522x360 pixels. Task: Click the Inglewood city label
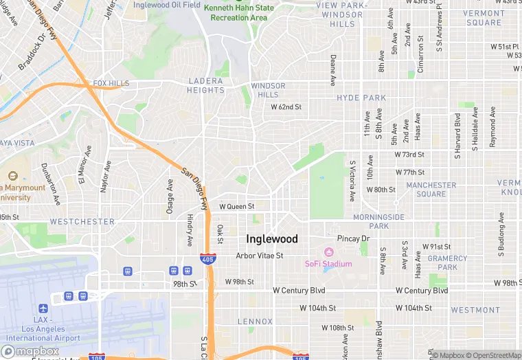272,239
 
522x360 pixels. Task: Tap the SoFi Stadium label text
328,264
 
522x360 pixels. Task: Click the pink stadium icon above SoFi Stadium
328,252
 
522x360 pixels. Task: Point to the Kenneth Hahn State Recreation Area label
239,12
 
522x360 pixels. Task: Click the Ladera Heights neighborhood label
206,85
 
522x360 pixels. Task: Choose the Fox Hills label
111,83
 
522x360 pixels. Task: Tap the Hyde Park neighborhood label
361,98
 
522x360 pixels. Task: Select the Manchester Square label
431,190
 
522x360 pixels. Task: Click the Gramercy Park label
447,262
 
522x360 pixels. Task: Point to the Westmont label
475,310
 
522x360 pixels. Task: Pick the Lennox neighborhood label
255,321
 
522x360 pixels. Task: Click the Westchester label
82,222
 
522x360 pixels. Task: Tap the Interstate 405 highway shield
207,259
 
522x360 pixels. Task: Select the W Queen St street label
237,206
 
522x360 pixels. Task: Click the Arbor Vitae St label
260,256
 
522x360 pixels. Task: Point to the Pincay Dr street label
354,238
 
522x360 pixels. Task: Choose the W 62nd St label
286,107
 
